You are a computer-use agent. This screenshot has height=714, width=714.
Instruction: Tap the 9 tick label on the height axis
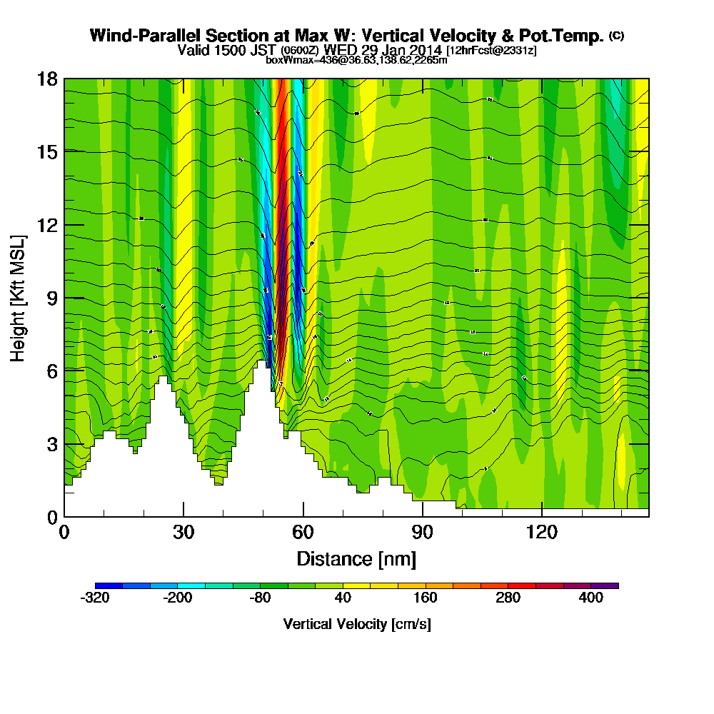point(51,298)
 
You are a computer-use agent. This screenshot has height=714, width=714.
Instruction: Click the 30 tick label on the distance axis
point(183,533)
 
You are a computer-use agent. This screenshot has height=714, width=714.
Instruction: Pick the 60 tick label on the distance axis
point(303,533)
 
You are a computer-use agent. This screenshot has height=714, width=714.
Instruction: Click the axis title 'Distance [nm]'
point(356,558)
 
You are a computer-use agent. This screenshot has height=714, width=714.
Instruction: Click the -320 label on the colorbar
point(95,599)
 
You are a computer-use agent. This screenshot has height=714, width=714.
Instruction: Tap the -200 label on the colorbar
point(178,599)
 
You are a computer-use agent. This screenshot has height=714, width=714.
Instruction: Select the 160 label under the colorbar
point(426,599)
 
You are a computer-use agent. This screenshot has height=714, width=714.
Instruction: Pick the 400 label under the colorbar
point(591,599)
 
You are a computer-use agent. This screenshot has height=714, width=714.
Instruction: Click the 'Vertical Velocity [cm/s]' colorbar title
point(356,624)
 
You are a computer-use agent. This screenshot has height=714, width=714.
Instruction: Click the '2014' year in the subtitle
point(424,50)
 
